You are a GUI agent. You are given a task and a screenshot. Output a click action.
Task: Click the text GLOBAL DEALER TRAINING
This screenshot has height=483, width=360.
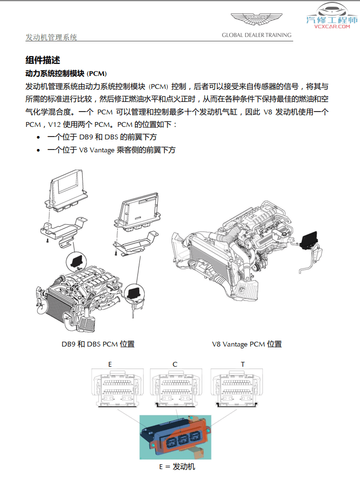click(256, 35)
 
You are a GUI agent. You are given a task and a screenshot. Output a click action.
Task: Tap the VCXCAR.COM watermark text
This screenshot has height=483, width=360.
click(332, 27)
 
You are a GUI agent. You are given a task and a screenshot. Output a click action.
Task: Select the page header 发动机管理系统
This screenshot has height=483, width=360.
click(51, 37)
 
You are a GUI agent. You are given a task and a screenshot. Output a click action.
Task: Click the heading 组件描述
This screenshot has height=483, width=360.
click(43, 60)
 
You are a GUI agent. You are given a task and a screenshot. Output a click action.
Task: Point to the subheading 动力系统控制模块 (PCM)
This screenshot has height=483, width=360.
click(66, 74)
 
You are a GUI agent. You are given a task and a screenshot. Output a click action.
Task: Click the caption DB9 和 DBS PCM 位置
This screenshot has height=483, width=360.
click(98, 344)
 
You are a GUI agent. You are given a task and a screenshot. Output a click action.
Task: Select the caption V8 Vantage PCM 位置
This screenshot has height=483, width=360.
click(247, 344)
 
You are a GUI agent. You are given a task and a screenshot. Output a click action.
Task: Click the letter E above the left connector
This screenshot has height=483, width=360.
click(110, 364)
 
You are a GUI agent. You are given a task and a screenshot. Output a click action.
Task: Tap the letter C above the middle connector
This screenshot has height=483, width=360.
click(175, 364)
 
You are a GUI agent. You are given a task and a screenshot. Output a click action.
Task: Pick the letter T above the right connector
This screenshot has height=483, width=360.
click(243, 364)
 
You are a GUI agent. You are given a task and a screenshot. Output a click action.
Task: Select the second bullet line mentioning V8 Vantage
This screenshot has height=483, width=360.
click(111, 150)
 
